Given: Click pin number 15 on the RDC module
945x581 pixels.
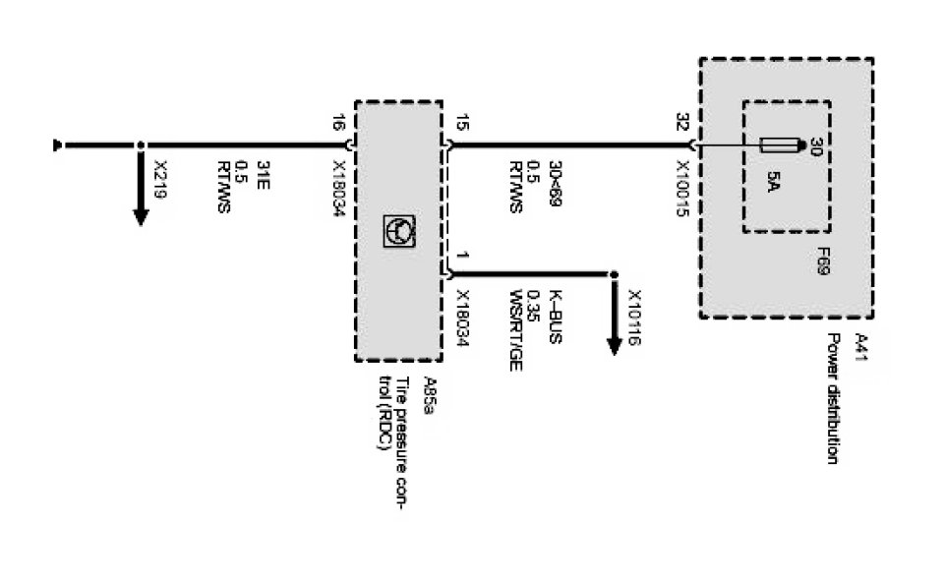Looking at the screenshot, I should click(462, 124).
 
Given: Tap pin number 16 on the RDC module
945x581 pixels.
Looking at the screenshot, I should click(337, 124).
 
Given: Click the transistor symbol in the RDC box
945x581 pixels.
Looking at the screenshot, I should click(399, 229).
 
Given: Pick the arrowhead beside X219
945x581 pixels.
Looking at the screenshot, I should click(141, 213).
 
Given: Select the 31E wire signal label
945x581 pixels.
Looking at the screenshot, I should click(263, 173).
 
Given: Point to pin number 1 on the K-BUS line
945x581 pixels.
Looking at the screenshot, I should click(462, 258).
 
